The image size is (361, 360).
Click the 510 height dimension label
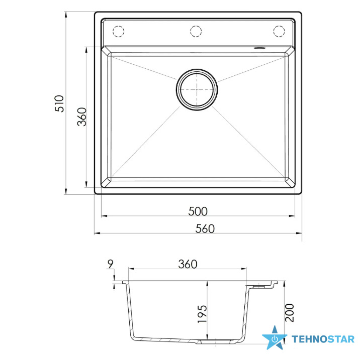coord(59,103)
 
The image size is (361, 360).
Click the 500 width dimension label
coord(198,211)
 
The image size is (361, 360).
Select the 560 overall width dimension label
coord(205,228)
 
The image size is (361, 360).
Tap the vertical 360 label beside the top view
coord(82,117)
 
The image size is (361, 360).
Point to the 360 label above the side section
coord(188,264)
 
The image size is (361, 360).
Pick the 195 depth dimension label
coord(202,314)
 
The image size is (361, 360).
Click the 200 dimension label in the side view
coord(290,313)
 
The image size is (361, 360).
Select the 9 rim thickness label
coord(111,264)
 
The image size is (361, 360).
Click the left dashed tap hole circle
coord(118,31)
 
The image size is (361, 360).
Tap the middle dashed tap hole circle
coord(196,31)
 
